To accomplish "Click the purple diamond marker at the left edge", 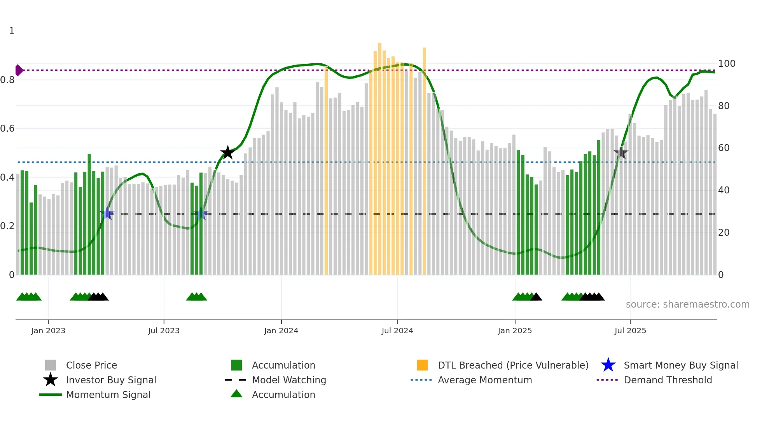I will (19, 70).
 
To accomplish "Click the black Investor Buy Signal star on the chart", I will (227, 153).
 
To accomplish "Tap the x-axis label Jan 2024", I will (281, 331).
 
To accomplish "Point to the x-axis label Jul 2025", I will (630, 331).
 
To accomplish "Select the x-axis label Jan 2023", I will (48, 331).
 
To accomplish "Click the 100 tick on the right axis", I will (726, 64).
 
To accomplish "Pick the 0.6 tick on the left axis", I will (7, 129).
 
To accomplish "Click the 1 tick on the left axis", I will (12, 31).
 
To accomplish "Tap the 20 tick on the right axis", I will (724, 233).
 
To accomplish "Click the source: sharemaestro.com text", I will (687, 304).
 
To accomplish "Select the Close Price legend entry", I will (91, 365).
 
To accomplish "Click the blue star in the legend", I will (608, 365).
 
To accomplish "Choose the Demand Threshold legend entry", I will (668, 380).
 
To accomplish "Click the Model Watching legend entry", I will (288, 380).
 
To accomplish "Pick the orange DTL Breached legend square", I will (422, 365).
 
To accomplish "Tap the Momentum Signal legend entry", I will (108, 395).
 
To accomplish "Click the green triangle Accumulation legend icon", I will (236, 394).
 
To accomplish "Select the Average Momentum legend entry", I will (484, 380).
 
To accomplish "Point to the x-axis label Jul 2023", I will (164, 331).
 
